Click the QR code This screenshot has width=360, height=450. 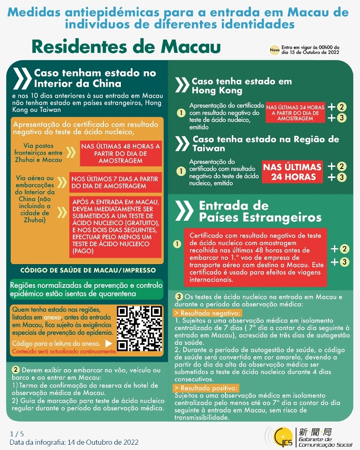(x=140, y=329)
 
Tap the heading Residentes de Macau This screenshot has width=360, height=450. (x=126, y=46)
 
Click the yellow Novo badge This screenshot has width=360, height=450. (x=274, y=50)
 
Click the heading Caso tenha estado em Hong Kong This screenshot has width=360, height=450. (x=241, y=86)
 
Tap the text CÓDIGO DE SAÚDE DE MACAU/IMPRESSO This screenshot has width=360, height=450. (x=88, y=270)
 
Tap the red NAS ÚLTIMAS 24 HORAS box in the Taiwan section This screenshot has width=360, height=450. (x=292, y=172)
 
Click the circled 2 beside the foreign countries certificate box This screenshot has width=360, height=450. (x=344, y=249)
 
